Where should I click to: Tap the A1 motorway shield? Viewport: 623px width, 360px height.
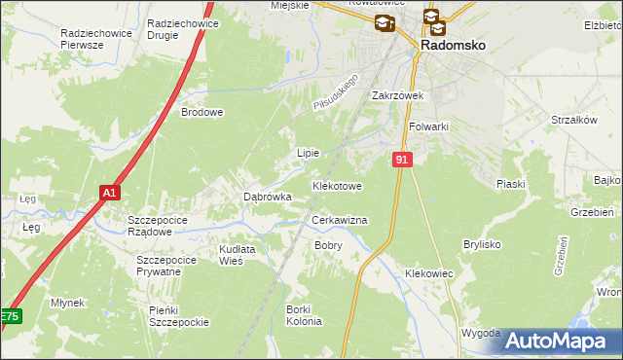point(110,193)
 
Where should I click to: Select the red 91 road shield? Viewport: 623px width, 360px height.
point(402,159)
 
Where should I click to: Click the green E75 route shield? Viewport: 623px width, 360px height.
point(10,317)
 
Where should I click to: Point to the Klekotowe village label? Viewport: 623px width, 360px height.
point(337,185)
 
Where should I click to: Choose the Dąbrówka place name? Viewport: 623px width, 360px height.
point(267,197)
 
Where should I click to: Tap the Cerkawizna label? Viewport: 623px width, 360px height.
point(339,221)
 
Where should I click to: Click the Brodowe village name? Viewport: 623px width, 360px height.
point(202,112)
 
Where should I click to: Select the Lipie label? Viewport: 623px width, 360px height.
point(308,153)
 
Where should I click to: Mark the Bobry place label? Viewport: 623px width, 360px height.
point(328,245)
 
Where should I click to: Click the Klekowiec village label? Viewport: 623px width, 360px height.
point(429,274)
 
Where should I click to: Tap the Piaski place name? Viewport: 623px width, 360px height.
point(510,184)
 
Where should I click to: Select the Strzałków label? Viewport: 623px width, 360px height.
point(573,120)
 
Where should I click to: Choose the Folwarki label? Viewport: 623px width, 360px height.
point(428,126)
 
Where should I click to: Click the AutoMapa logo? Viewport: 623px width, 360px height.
point(558,341)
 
